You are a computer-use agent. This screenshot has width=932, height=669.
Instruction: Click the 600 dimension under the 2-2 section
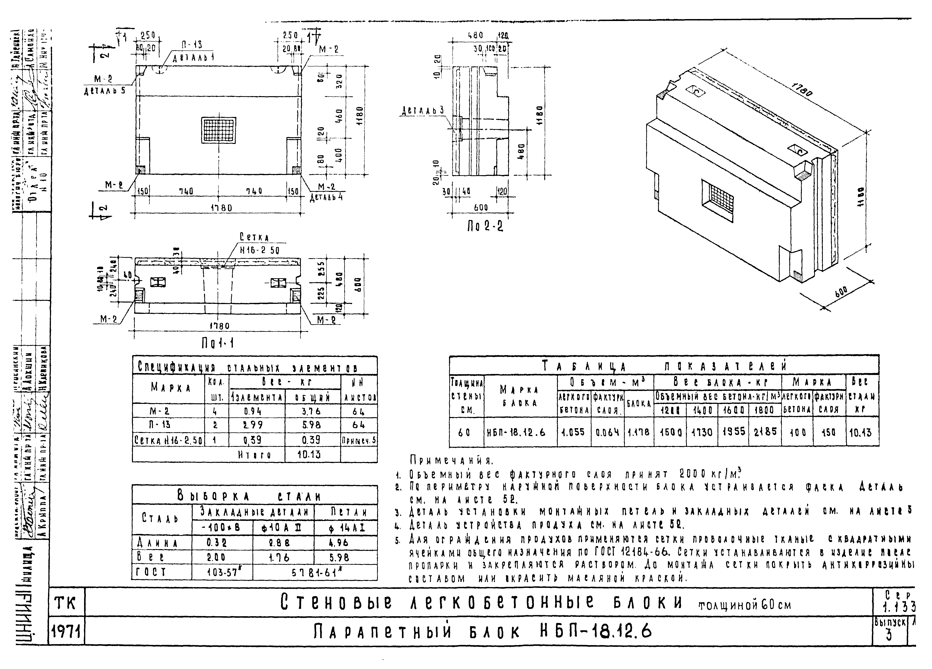pyautogui.click(x=481, y=208)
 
